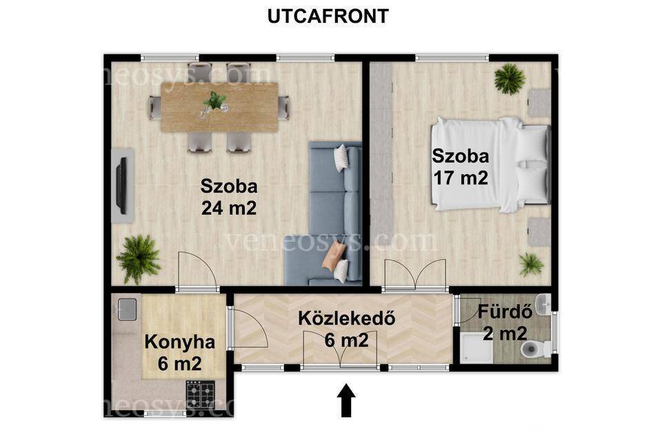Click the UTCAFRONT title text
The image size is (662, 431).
coord(328,16)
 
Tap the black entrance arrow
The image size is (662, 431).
coord(346,400)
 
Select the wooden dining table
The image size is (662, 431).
coord(219,106)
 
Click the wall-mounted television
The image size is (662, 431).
coord(121,185)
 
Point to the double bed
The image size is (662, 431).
coord(490,164)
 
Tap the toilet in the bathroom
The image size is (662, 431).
coord(535,349)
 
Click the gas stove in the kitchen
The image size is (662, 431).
coord(201,394)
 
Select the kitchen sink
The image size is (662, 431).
coord(127,309)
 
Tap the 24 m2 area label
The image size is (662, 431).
coord(229,208)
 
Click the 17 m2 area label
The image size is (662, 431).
coord(461,178)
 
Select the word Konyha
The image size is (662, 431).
coord(180,342)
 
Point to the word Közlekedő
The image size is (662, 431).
coord(347,318)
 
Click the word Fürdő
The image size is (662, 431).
coord(505,312)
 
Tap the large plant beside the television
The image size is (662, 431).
coord(139,259)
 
